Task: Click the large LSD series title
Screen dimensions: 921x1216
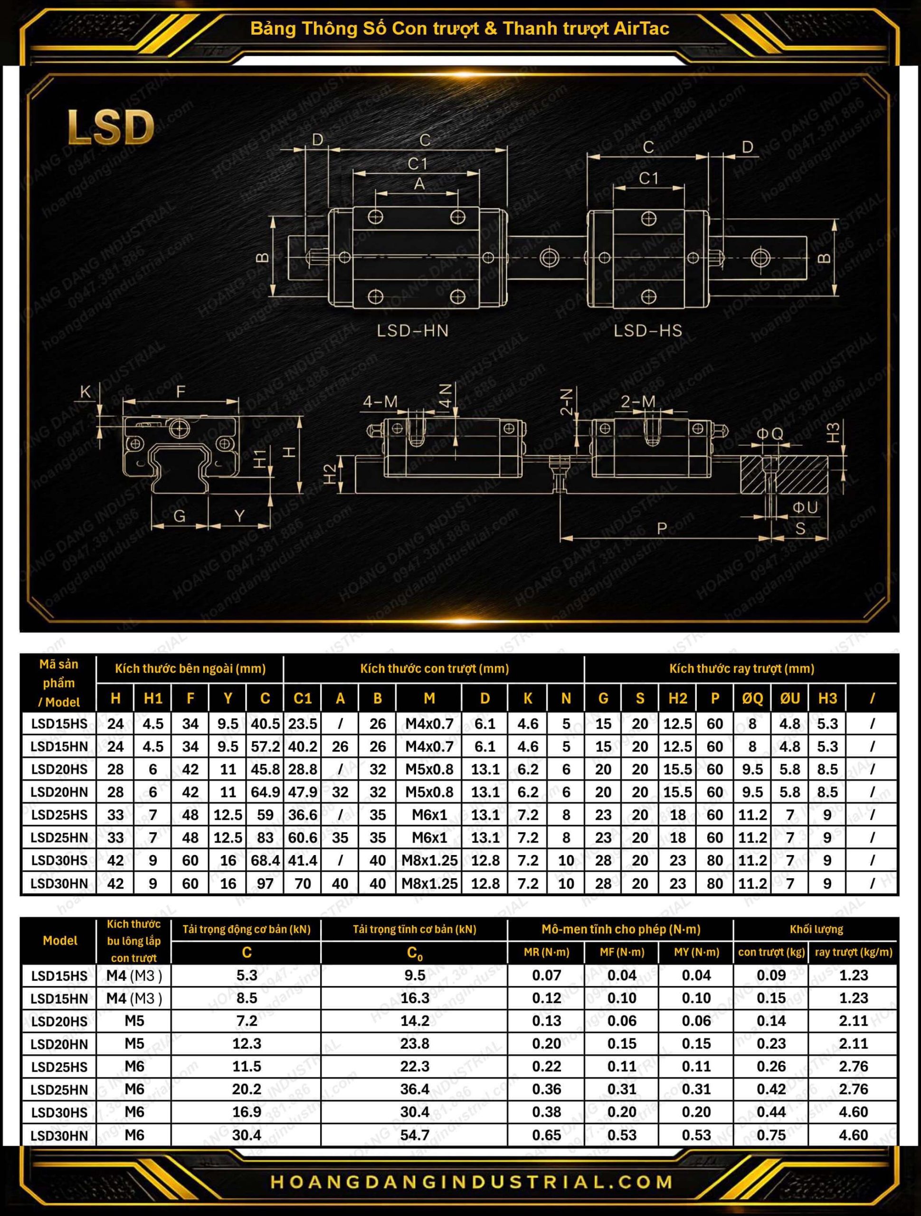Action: (x=110, y=127)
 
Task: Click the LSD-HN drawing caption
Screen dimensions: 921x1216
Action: (x=412, y=331)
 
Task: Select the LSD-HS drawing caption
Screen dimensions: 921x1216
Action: (x=648, y=331)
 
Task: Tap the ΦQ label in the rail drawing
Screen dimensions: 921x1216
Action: (x=770, y=434)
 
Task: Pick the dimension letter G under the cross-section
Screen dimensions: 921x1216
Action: (x=179, y=516)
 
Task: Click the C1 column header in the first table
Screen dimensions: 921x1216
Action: (x=303, y=698)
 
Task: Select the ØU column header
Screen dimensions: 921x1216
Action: (x=790, y=698)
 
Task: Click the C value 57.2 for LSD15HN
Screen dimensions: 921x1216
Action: (x=266, y=747)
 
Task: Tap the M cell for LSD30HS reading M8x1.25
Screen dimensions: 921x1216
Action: (x=429, y=860)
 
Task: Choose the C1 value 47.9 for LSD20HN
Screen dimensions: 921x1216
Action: (x=303, y=792)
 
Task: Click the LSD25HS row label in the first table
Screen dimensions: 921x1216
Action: (x=59, y=815)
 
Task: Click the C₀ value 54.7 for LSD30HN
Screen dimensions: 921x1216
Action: (x=415, y=1135)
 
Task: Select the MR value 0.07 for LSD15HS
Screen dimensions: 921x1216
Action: (x=547, y=975)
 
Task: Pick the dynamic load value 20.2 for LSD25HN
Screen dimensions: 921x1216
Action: (x=247, y=1089)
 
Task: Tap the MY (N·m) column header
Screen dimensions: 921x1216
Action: (x=697, y=952)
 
